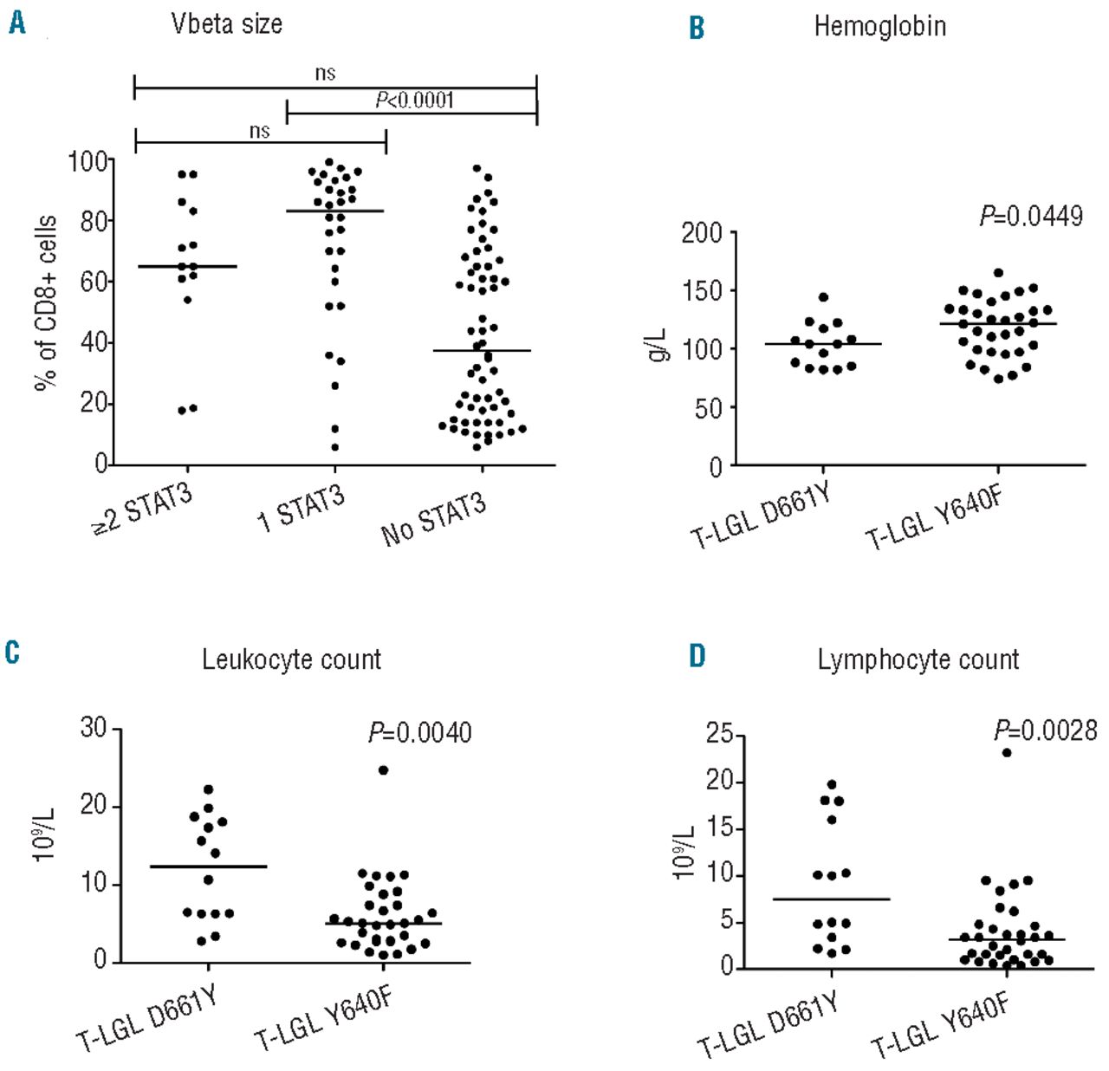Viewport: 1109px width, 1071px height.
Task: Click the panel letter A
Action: [17, 23]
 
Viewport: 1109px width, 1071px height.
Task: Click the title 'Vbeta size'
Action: [227, 23]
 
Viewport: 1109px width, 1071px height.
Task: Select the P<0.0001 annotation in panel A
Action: [414, 100]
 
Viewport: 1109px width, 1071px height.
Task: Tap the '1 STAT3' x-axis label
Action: [301, 509]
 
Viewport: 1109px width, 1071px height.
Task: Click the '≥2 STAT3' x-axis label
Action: [143, 510]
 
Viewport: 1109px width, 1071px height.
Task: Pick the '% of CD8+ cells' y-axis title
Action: [46, 303]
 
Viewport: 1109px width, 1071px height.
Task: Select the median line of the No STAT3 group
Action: [482, 350]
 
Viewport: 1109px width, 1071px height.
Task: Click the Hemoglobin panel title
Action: [879, 27]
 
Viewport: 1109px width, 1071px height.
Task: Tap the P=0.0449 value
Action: [1031, 216]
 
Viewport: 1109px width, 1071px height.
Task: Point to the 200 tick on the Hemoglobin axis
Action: [702, 233]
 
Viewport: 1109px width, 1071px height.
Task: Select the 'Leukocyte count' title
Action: [291, 659]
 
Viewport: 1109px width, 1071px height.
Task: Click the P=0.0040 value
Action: [420, 733]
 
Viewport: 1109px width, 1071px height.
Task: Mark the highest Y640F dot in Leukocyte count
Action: [383, 769]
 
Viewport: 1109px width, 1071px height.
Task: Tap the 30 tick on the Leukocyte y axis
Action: [94, 728]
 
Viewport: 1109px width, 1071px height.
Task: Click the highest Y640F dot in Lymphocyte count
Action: [1007, 752]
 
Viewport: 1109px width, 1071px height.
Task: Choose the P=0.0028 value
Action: [1045, 730]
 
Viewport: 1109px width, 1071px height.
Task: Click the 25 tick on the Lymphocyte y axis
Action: [718, 736]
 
